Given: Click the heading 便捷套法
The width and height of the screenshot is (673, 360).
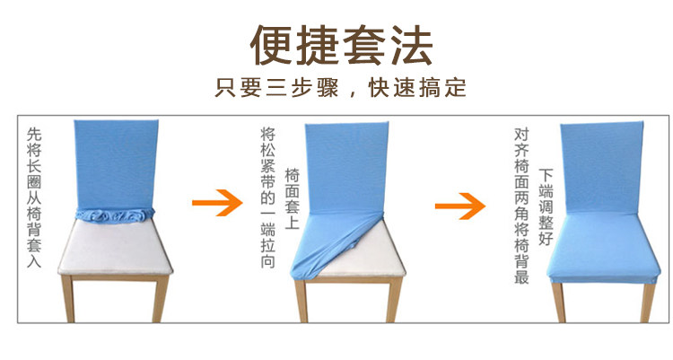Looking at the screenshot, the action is click(x=341, y=44).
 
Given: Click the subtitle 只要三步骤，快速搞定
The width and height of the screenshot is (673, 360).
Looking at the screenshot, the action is click(x=341, y=89).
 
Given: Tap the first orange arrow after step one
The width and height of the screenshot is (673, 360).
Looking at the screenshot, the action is click(x=218, y=204).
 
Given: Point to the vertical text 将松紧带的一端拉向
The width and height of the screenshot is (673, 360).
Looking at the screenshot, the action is click(x=267, y=198).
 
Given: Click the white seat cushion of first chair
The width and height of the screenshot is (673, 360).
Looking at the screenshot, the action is click(x=114, y=247).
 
